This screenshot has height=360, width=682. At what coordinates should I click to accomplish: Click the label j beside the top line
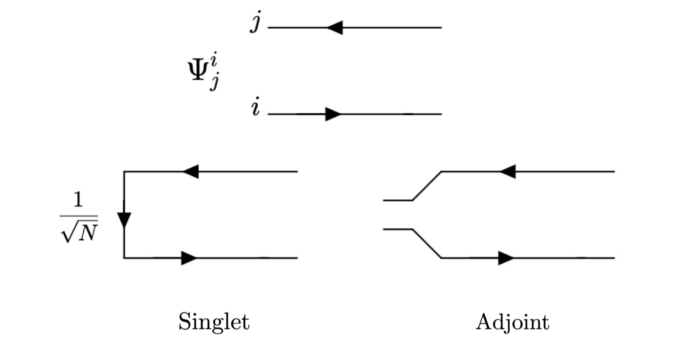(x=256, y=23)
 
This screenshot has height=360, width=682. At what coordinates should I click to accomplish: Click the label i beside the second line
(x=255, y=109)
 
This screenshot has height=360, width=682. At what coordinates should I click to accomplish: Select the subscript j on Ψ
(x=213, y=84)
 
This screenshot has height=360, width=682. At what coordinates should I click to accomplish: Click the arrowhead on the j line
(x=335, y=28)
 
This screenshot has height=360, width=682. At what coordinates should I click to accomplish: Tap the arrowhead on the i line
(x=333, y=114)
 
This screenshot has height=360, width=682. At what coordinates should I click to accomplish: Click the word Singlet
(x=213, y=322)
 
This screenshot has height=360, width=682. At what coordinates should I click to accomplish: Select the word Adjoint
(x=512, y=323)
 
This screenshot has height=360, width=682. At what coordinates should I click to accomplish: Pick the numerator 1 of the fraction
(x=79, y=200)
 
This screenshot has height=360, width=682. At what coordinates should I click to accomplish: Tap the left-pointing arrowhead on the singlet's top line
(x=191, y=172)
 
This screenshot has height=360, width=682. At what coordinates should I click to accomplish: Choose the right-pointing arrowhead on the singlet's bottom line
(x=189, y=258)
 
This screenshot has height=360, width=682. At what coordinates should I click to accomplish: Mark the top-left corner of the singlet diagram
(x=124, y=172)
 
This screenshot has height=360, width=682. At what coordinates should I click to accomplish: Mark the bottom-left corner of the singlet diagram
(x=124, y=258)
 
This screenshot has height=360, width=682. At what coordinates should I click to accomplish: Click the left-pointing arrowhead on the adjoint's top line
(x=507, y=172)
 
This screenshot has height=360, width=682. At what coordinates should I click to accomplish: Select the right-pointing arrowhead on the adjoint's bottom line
(x=506, y=258)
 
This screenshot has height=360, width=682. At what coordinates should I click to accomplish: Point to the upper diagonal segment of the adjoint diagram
(x=427, y=186)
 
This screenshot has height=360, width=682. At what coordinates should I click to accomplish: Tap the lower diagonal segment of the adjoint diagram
(x=427, y=244)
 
